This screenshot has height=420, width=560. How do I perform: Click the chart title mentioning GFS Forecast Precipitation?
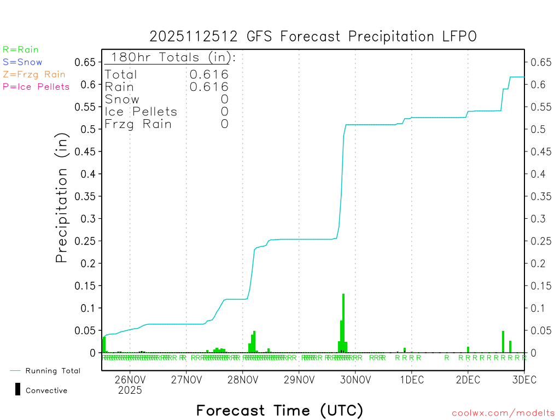point(313,37)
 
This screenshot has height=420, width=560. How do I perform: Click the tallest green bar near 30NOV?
point(343,323)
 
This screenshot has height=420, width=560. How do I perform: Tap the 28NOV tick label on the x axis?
point(242,380)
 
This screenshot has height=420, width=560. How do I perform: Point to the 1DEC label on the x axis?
point(411,380)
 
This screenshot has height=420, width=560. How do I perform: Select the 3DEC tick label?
point(524,380)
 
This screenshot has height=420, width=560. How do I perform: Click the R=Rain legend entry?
point(21,50)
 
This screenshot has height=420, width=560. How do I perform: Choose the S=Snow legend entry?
point(22,62)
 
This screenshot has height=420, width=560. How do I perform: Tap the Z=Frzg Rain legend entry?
point(34,74)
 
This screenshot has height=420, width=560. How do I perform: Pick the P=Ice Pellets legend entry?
point(36,86)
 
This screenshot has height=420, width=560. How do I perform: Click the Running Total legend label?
point(52,371)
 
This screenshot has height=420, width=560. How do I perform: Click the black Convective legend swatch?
point(18,389)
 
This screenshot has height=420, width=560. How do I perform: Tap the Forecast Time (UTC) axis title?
point(279,410)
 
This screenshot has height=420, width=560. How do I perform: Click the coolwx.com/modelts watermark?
point(503,413)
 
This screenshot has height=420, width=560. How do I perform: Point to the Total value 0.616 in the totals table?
point(209,74)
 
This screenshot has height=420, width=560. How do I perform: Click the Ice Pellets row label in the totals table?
point(141,112)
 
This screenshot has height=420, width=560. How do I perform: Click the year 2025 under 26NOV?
point(130,390)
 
